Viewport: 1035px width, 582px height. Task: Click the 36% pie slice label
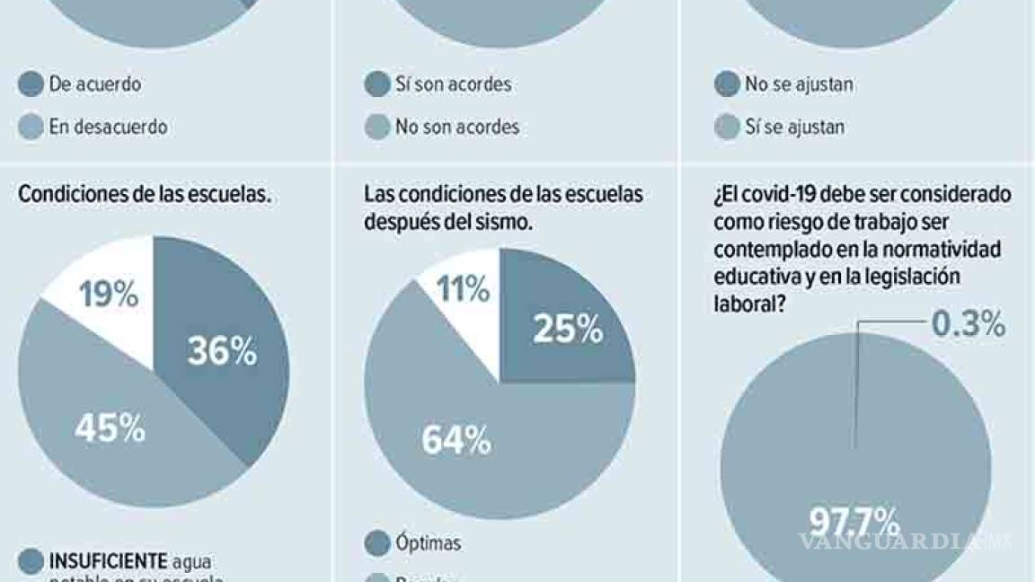[x=222, y=351]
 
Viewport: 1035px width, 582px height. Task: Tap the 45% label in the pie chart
[x=110, y=429]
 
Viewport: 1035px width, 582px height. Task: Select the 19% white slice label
[x=108, y=295]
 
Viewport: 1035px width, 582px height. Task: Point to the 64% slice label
[x=456, y=440]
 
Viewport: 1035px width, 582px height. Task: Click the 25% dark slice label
[x=567, y=330]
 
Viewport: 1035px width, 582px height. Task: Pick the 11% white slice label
[x=462, y=289]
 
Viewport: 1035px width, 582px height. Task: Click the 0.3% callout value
[x=967, y=325]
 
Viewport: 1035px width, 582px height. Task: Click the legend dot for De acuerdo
[x=31, y=84]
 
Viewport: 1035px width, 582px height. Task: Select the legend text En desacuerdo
[x=108, y=127]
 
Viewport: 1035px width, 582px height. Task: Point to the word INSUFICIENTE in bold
[x=108, y=561]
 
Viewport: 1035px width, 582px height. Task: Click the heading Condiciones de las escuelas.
[x=144, y=194]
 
